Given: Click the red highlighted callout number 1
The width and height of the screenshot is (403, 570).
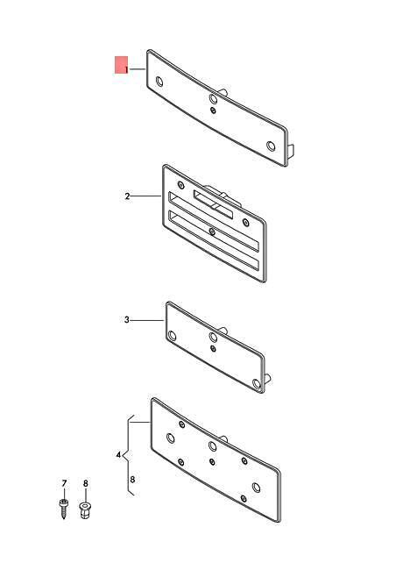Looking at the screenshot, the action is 126,69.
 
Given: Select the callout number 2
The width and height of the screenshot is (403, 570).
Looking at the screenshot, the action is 127,196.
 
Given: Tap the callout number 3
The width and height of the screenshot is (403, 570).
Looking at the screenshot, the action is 127,320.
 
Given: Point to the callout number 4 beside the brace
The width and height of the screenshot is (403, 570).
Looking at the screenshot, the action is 118,455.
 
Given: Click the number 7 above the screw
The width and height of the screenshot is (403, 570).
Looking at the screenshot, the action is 64,483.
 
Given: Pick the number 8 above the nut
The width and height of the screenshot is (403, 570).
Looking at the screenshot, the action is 86,483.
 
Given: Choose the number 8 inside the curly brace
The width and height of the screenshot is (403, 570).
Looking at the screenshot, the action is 132,480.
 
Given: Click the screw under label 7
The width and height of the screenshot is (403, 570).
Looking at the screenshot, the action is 64,509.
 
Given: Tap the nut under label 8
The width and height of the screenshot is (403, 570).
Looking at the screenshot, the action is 85,509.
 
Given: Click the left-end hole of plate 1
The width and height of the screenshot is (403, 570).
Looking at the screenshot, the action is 159,82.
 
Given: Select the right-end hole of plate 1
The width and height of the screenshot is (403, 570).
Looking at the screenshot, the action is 271,146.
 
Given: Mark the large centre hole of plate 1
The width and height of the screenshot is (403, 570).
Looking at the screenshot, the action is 213,98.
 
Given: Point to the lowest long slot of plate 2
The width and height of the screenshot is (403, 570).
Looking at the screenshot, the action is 214,242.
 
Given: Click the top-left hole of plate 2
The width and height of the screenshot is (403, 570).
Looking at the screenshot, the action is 180,185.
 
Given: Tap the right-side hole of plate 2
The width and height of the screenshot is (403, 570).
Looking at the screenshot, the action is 246,223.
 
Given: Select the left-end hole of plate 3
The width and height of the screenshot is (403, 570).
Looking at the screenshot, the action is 172,336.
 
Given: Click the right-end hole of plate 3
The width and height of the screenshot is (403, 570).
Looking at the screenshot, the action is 257,384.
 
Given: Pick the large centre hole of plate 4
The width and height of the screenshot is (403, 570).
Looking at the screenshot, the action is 212,446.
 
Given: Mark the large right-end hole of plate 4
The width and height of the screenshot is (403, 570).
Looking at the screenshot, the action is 257,488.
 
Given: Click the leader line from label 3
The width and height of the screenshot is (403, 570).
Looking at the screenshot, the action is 147,320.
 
